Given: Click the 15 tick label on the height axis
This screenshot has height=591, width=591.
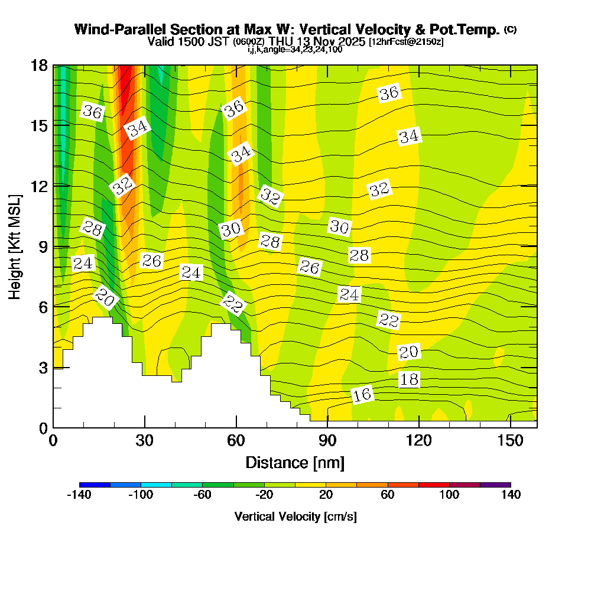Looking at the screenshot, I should coord(39,125).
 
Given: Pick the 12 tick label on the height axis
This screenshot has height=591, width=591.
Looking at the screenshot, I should coord(39,186).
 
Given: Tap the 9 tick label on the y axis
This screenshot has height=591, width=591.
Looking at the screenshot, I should coord(43,246).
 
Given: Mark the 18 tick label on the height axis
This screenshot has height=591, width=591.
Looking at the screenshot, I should coord(39,65).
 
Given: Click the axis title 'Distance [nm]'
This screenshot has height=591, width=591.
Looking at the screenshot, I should coord(295,462).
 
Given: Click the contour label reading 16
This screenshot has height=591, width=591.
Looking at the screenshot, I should coord(362,395).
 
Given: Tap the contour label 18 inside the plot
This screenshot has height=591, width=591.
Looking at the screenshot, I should coord(409,379).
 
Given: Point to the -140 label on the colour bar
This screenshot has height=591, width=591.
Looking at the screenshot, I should coord(79,495).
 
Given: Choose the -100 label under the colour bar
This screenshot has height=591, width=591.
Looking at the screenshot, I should coord(141,495).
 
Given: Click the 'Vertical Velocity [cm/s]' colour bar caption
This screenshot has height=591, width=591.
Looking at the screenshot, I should coord(295,517).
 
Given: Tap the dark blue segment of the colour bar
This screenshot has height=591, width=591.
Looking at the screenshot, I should coord(95,485).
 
